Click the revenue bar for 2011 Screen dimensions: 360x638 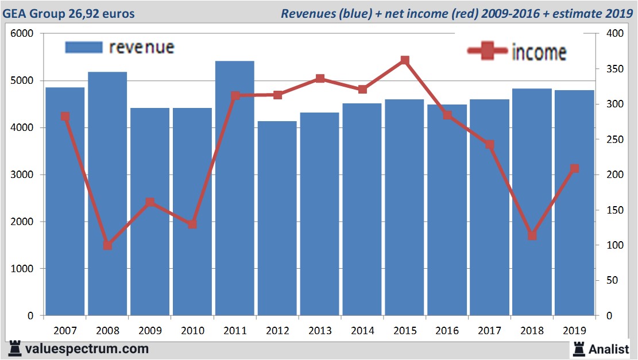pos(235,189)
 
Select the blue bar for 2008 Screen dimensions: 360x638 pos(107,195)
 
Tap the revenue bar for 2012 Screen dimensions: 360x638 pos(277,218)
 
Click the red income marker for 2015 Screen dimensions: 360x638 pos(405,60)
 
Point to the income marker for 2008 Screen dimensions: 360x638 pos(107,245)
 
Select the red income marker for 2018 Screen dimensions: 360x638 pos(532,235)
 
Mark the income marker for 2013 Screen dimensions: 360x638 pos(320,79)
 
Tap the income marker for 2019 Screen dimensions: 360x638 pos(574,168)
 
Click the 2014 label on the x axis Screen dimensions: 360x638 pos(362,331)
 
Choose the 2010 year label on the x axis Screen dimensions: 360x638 pos(192,331)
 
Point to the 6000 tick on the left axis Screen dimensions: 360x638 pos(22,34)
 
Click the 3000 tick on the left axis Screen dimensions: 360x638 pos(22,175)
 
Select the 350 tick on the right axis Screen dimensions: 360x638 pos(615,69)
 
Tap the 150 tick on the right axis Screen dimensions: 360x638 pos(615,210)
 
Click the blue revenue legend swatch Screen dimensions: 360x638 pos(84,47)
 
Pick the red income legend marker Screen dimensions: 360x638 pos(486,51)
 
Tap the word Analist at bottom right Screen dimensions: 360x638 pos(609,349)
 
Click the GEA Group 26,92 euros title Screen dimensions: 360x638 pos(69,13)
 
